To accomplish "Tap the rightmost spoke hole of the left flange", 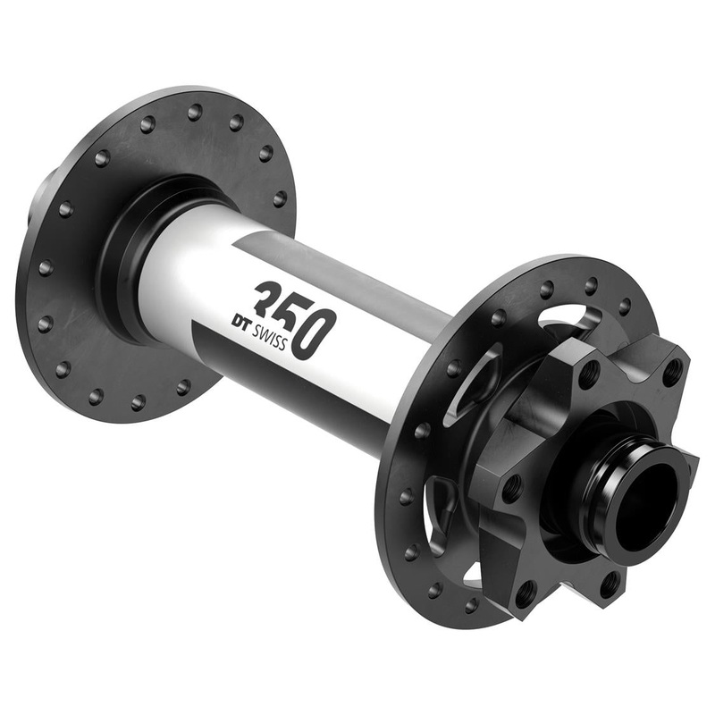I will coord(280,198).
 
